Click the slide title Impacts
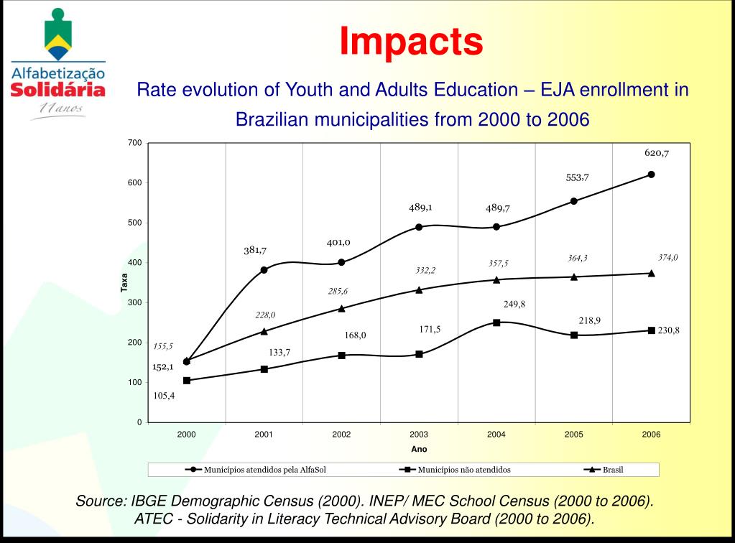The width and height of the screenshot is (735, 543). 411,41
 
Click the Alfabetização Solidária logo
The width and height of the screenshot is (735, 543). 58,65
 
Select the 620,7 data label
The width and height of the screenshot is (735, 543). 656,153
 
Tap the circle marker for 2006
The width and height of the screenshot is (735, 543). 651,175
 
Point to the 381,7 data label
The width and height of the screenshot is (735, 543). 254,251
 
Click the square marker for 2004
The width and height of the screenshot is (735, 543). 496,322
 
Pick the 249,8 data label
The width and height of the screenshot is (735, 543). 514,304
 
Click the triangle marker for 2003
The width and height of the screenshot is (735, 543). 419,290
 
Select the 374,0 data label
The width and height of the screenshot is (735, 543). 667,257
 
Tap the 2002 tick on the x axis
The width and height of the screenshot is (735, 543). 341,435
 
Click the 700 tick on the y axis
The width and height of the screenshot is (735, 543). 134,143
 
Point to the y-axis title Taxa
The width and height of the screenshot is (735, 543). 124,283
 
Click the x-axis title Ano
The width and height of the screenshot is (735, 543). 419,449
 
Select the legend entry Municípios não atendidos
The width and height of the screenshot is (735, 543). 463,470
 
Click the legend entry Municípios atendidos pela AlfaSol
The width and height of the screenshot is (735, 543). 266,470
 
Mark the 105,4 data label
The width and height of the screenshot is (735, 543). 164,396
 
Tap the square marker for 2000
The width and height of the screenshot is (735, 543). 187,381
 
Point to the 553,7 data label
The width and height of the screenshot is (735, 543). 577,177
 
